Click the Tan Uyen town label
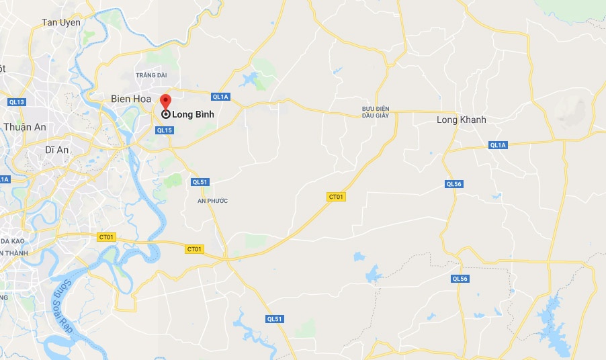click(x=61, y=22)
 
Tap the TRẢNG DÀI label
click(x=150, y=75)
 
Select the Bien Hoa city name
click(x=131, y=99)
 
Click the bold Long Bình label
click(x=193, y=114)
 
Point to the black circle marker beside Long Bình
click(x=165, y=114)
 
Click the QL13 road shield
click(x=17, y=102)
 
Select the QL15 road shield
click(x=165, y=130)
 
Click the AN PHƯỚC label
click(x=213, y=201)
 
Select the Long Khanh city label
click(x=461, y=120)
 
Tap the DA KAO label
click(x=13, y=240)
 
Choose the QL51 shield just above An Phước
click(x=200, y=182)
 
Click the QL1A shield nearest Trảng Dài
click(x=220, y=97)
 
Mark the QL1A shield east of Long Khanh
click(x=498, y=145)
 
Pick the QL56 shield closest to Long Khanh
click(x=454, y=184)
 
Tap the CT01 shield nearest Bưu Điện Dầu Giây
click(x=336, y=197)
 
